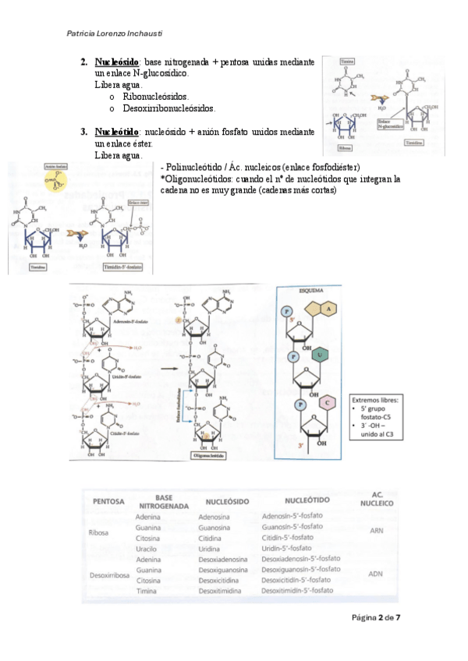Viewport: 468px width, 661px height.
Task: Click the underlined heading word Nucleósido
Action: [116, 62]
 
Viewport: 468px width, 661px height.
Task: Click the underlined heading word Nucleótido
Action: [116, 132]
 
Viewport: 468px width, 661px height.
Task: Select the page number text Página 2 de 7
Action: [376, 617]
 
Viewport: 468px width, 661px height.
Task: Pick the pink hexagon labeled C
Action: [328, 402]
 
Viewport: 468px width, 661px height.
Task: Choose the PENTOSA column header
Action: [109, 501]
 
